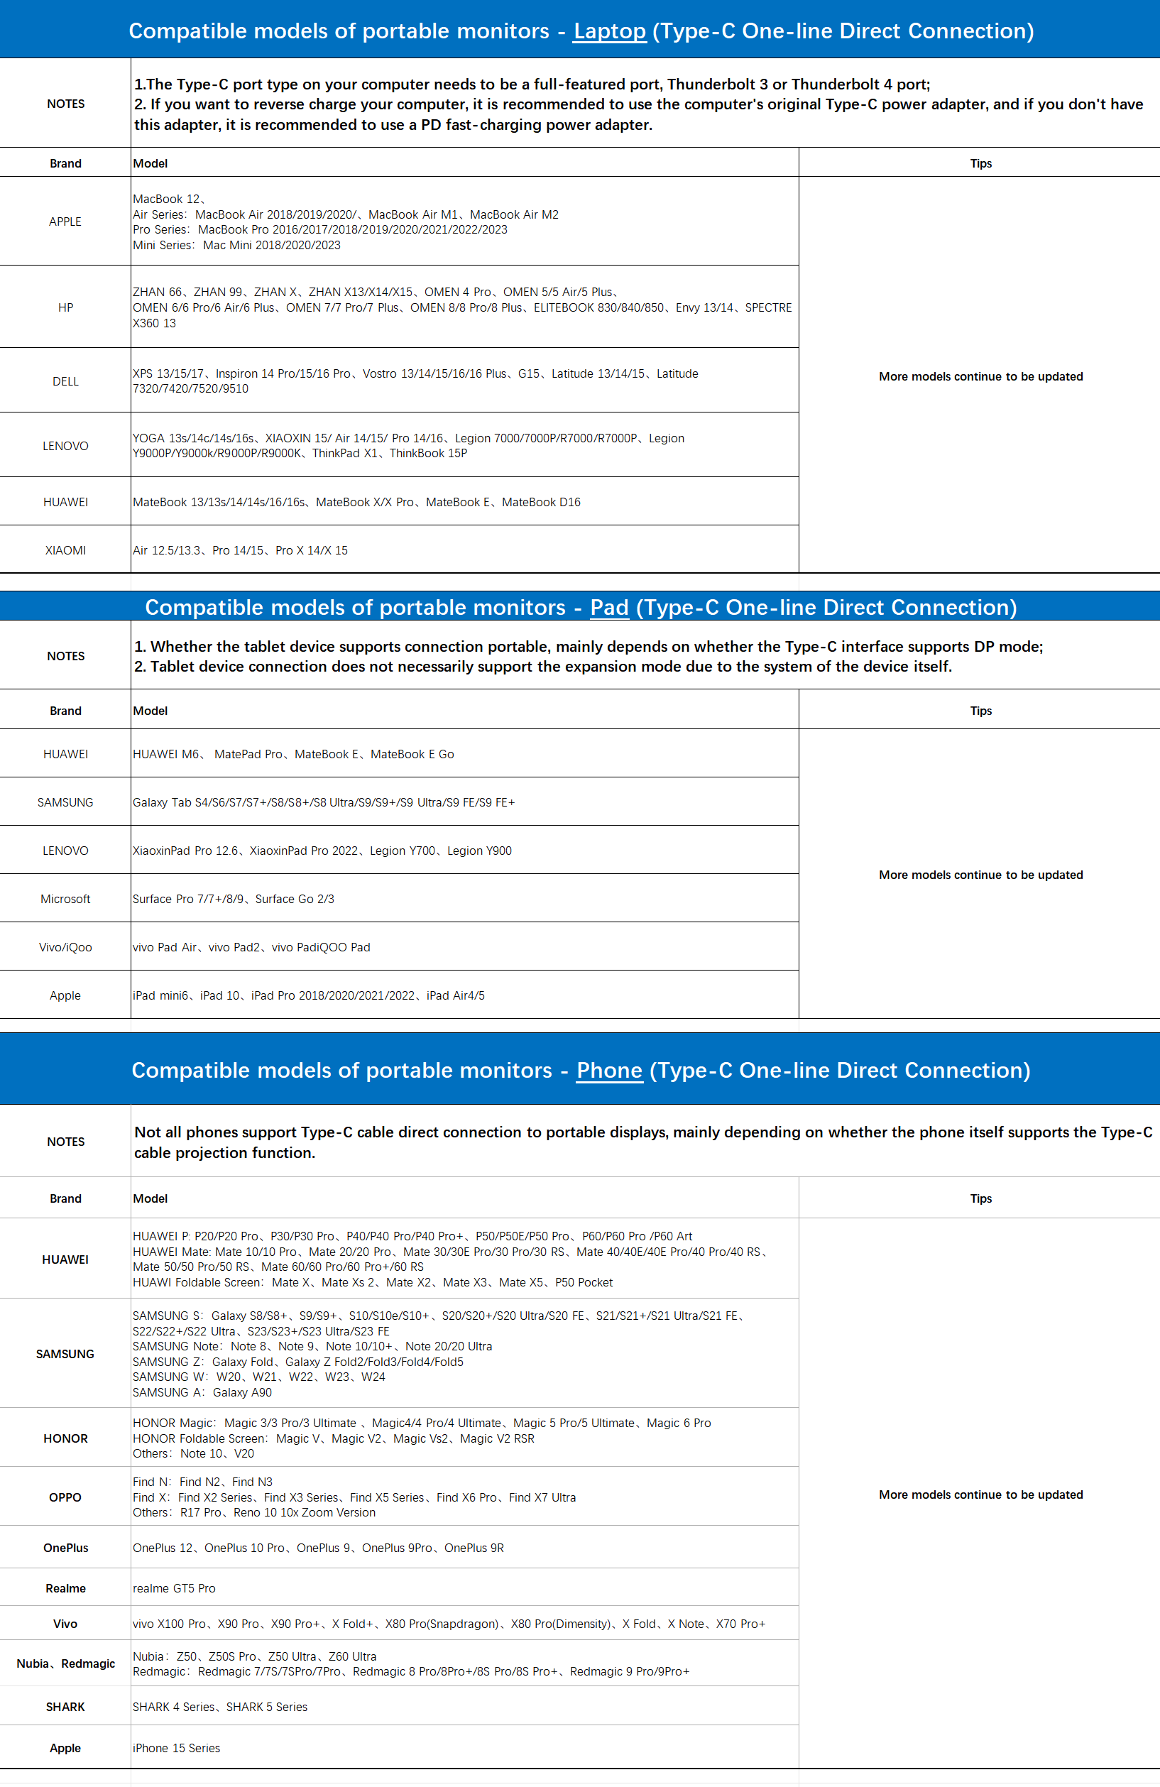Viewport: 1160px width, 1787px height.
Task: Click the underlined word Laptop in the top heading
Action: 609,31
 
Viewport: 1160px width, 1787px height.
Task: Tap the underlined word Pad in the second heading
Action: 609,608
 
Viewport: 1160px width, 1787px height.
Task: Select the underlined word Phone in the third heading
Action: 609,1070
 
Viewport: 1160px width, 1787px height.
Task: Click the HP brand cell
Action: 65,308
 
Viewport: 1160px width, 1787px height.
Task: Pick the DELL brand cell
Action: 65,381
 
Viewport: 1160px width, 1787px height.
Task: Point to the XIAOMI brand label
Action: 65,550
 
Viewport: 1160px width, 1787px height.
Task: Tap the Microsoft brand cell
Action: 65,899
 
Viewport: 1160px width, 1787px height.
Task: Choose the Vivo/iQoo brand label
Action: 65,948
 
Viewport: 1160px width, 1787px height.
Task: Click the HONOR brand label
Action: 65,1438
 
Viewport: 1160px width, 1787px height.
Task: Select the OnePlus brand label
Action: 65,1548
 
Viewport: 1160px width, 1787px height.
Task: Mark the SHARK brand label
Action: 65,1707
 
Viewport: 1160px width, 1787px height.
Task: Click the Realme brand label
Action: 65,1588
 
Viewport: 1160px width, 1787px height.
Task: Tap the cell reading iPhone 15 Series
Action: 177,1748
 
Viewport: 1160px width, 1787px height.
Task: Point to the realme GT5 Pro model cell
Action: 174,1588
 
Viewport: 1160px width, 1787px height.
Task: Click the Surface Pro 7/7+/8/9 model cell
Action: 234,899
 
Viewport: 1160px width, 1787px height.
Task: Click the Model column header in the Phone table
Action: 151,1198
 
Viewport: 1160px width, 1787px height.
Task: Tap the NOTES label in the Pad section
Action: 65,656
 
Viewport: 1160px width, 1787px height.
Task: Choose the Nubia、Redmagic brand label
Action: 65,1664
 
